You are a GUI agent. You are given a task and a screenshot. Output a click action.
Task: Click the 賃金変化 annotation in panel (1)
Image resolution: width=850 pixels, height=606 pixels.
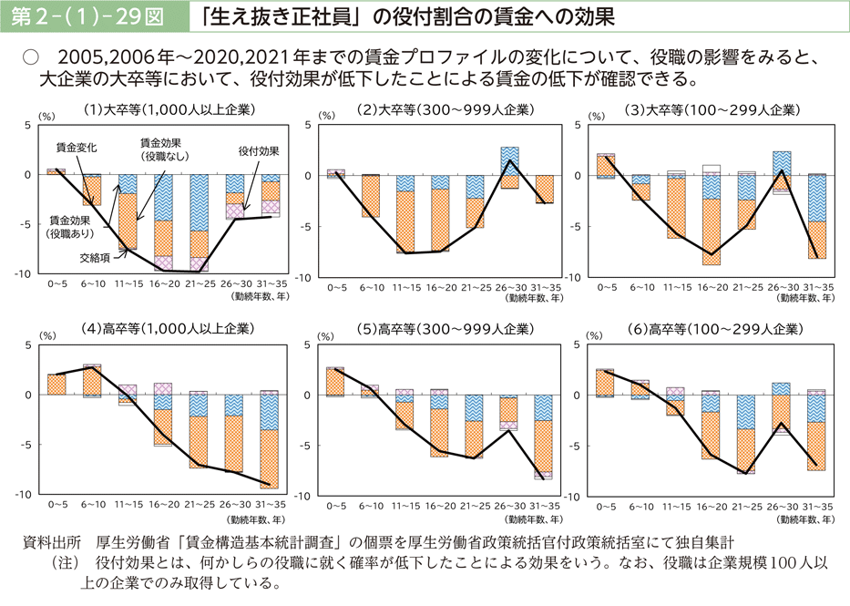pyautogui.click(x=77, y=146)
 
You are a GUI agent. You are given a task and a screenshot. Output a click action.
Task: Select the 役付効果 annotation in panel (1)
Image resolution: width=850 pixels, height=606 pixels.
pyautogui.click(x=258, y=150)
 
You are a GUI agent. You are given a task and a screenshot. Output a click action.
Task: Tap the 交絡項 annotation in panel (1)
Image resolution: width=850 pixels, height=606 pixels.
pyautogui.click(x=95, y=257)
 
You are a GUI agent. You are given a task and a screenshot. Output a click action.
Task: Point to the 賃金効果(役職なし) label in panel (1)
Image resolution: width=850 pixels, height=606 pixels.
pyautogui.click(x=160, y=149)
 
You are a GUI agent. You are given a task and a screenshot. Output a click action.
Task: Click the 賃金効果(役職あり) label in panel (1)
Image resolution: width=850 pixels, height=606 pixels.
pyautogui.click(x=70, y=227)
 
